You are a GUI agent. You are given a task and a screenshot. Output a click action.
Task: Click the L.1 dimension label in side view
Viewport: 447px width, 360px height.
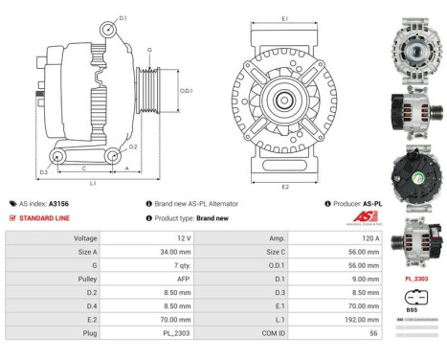tap(92, 182)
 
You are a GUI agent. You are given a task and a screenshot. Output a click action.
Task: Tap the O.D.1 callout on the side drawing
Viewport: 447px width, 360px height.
tap(186, 90)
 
